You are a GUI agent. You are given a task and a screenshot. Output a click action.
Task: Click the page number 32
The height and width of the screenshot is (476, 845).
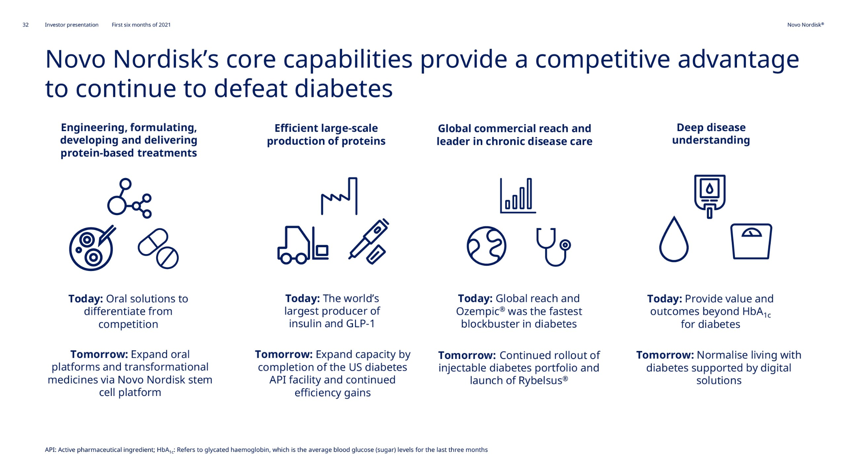coord(25,25)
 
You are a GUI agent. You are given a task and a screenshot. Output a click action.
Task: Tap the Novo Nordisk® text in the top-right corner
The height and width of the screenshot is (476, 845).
coord(805,25)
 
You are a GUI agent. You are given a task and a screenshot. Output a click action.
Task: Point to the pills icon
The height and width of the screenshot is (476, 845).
coord(158,249)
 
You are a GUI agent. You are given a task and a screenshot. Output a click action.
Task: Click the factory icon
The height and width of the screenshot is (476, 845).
coord(339,196)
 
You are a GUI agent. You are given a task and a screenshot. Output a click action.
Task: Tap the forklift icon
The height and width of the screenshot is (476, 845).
coord(303,245)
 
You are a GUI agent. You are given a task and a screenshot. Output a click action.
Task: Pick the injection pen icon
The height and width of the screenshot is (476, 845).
coord(369,241)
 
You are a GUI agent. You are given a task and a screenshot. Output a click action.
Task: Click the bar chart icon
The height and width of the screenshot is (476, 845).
coord(518,195)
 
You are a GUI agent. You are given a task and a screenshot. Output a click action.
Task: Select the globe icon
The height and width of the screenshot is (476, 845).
coord(486,246)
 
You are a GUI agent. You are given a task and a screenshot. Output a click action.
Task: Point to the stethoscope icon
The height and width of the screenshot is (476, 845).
coord(553,247)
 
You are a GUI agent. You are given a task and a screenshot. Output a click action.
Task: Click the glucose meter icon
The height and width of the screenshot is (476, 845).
coord(710,196)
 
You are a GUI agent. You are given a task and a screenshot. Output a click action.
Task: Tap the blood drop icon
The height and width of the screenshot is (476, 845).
coord(674,240)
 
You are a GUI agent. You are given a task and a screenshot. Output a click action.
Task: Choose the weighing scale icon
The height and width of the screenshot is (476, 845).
coord(751,241)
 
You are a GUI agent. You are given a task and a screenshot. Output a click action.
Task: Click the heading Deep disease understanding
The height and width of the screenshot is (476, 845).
coord(711,134)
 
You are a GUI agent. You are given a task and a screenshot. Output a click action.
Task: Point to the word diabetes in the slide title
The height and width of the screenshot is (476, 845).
coord(343,88)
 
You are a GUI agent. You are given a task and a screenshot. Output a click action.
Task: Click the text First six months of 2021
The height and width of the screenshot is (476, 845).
coord(141,25)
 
